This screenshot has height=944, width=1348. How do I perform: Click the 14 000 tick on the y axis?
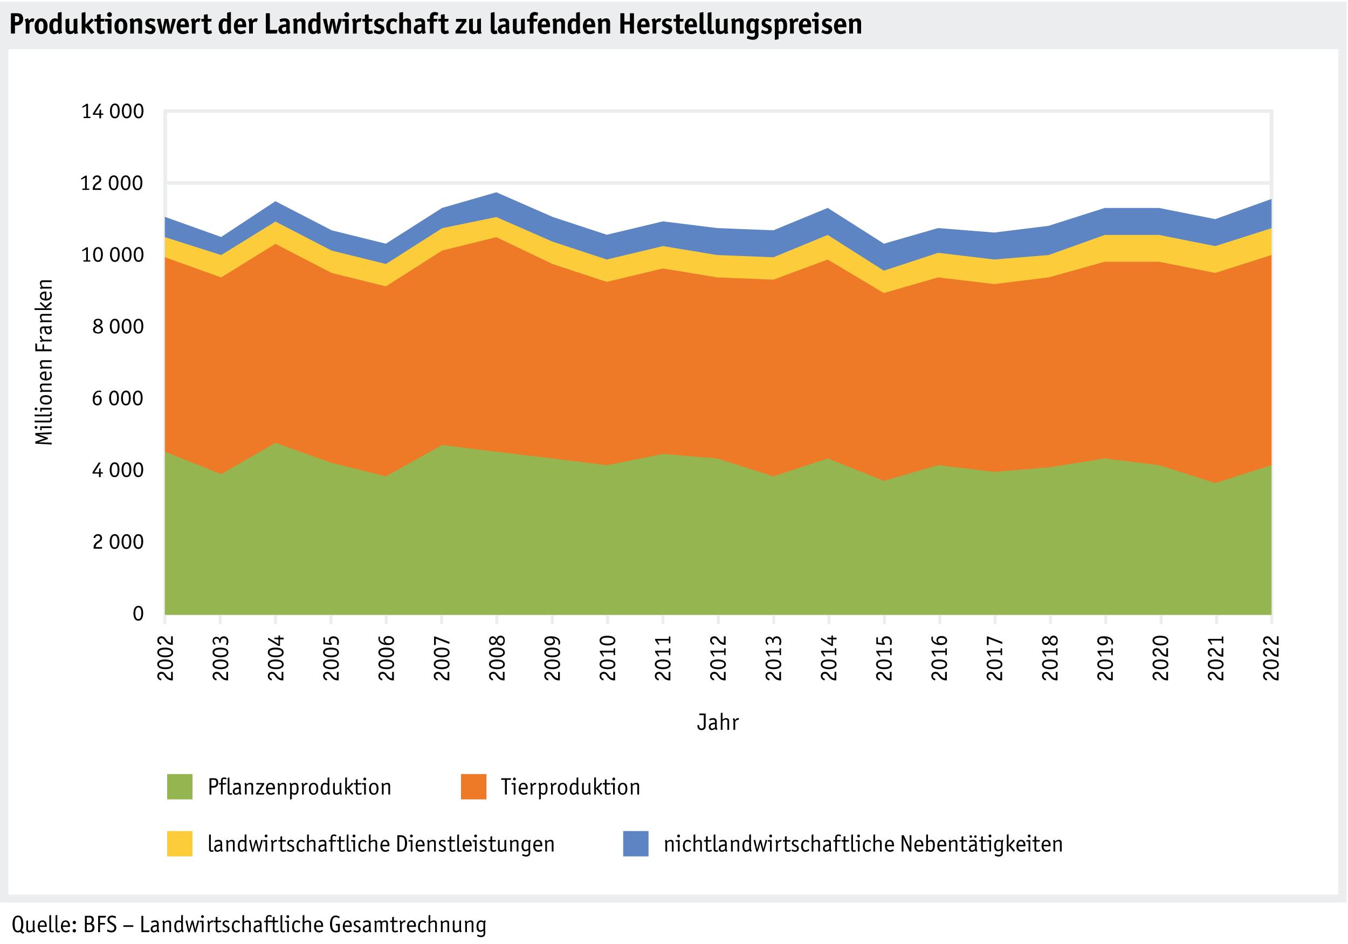[112, 112]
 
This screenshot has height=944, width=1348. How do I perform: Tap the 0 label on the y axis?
[138, 614]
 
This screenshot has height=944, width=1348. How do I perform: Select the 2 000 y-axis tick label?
[118, 542]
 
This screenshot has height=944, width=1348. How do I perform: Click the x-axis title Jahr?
[718, 722]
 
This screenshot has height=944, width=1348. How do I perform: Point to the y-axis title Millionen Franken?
[44, 362]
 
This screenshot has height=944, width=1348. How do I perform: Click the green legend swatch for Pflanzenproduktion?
[180, 787]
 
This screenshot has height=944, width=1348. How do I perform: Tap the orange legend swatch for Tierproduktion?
[473, 787]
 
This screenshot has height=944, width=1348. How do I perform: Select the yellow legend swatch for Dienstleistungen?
[180, 844]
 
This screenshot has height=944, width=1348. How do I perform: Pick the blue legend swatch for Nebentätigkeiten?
[636, 844]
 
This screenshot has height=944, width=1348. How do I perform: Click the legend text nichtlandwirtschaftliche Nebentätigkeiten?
[863, 844]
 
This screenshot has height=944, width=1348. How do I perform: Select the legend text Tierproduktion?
[570, 787]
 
